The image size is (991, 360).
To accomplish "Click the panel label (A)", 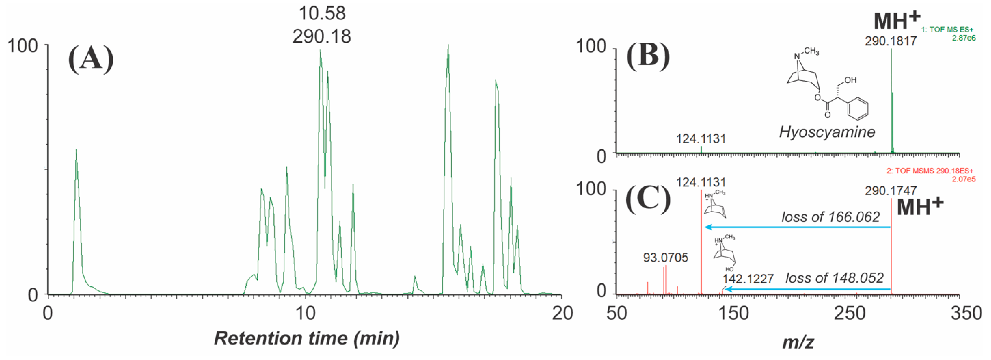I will [91, 59].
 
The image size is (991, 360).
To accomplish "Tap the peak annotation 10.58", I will [322, 13].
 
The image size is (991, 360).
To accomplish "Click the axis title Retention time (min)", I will [306, 338].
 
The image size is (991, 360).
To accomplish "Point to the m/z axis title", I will [798, 342].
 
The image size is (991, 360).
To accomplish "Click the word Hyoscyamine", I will [827, 132].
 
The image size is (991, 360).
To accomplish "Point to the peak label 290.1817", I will [891, 41].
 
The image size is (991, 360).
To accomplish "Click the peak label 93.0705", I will [666, 257].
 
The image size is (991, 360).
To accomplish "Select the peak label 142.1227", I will [748, 278].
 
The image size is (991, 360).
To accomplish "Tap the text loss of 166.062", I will [830, 217].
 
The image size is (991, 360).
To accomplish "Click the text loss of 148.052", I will [834, 278].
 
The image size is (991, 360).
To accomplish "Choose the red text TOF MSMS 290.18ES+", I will [930, 171].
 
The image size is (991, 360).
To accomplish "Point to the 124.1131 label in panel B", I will [701, 138].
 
